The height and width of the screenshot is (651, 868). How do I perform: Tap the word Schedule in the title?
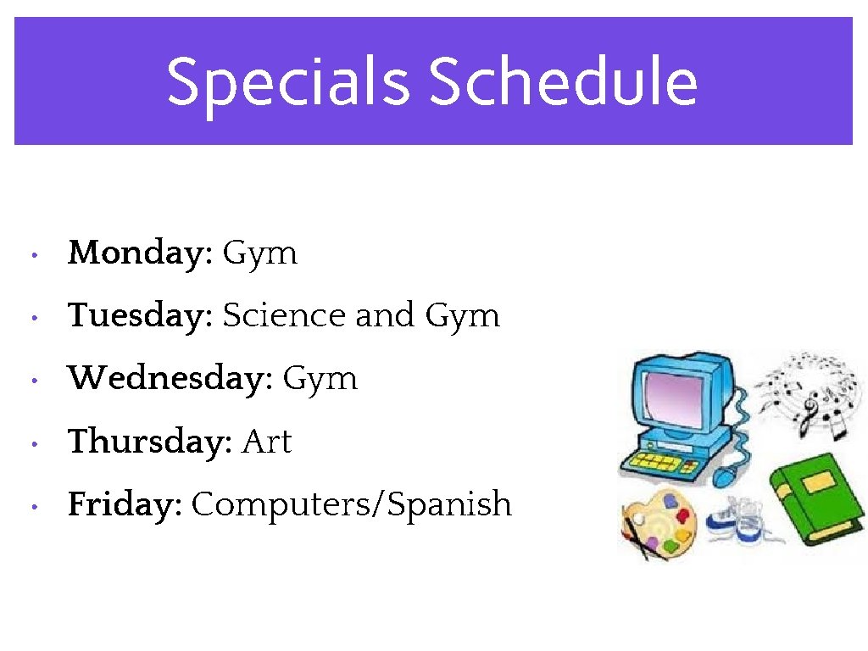tap(563, 82)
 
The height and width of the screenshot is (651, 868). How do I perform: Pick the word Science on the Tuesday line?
tap(284, 316)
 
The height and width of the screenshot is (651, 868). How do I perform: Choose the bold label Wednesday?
tap(170, 379)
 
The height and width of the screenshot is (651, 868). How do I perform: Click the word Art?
tap(267, 442)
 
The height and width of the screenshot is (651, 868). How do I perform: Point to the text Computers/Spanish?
tap(352, 505)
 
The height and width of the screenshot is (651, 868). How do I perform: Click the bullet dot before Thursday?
tap(31, 443)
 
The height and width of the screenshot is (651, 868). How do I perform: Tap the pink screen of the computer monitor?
tap(675, 398)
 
